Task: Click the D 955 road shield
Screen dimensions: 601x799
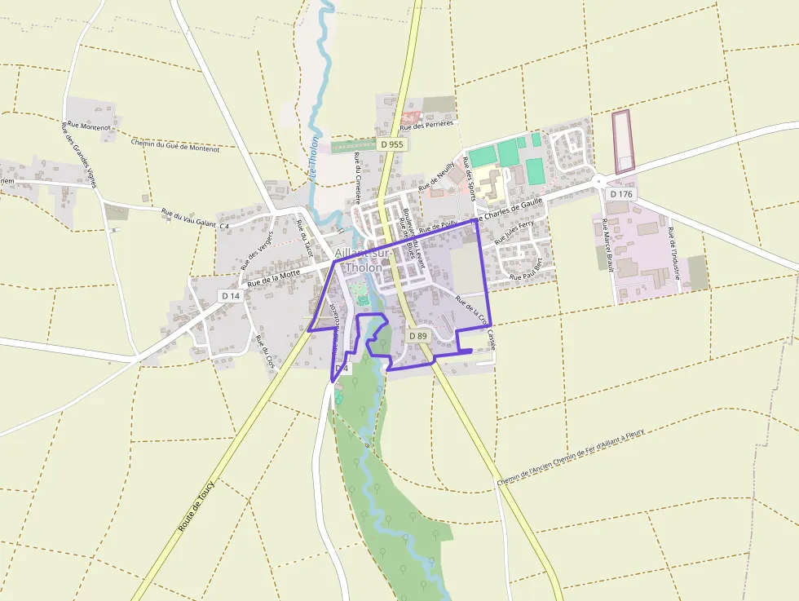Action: point(391,144)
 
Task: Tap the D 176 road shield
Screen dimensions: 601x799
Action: point(620,194)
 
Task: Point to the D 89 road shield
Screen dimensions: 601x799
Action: point(417,335)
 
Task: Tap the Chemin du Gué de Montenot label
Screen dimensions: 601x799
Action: point(175,145)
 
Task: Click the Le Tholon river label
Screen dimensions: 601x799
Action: point(313,156)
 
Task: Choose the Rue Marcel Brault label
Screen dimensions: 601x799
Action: point(607,244)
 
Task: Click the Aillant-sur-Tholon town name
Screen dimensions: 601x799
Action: point(362,260)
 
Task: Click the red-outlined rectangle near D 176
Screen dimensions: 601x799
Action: point(623,141)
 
